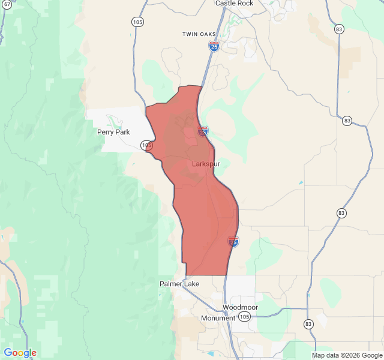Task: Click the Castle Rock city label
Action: click(234, 3)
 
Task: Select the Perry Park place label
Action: click(113, 131)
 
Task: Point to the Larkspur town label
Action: click(206, 164)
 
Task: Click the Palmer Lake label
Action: click(179, 284)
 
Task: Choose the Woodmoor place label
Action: click(240, 307)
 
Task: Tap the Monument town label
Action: click(218, 318)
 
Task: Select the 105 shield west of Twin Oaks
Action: click(138, 22)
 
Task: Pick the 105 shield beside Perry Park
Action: click(147, 145)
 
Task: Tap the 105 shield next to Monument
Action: click(244, 316)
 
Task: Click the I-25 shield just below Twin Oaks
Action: click(214, 46)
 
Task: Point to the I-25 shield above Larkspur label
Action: click(203, 131)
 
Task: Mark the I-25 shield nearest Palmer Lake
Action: click(233, 242)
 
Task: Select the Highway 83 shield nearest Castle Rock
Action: click(340, 29)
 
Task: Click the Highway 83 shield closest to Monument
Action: click(308, 323)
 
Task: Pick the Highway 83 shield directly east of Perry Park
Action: click(347, 121)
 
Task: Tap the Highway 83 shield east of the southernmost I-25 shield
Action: click(341, 213)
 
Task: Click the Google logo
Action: click(20, 353)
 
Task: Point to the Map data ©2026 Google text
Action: click(347, 355)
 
